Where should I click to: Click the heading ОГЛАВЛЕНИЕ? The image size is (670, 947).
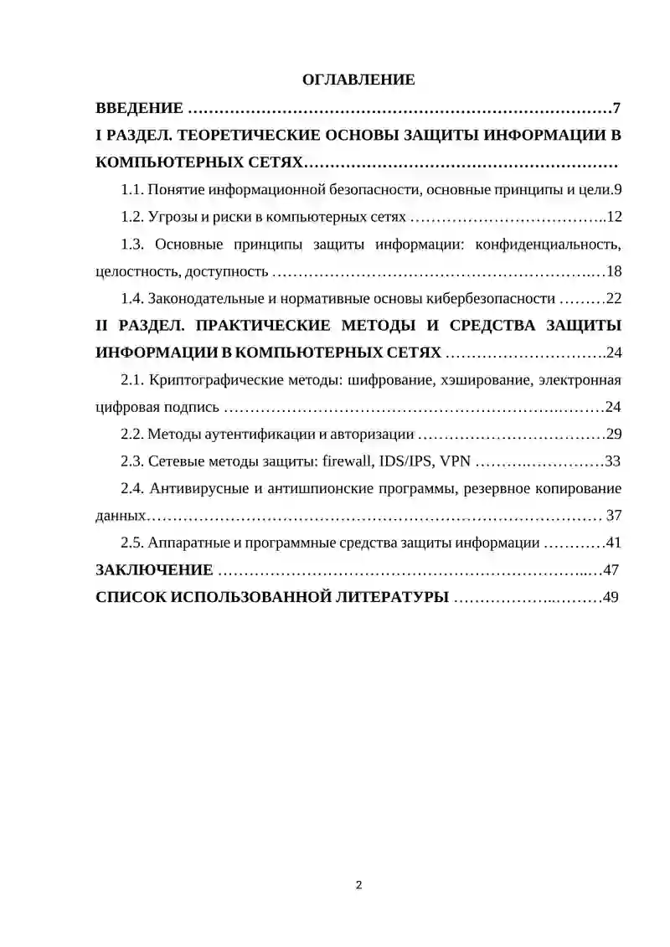[x=358, y=80]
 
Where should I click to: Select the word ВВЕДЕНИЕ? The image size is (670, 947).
[x=139, y=108]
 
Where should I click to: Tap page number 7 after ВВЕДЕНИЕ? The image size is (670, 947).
[x=616, y=108]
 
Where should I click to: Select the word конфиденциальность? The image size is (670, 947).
[x=548, y=244]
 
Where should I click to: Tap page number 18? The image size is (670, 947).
[x=613, y=271]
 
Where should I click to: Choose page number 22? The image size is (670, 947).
[x=613, y=298]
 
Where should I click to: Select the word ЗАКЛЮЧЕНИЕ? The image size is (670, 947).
[x=155, y=570]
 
